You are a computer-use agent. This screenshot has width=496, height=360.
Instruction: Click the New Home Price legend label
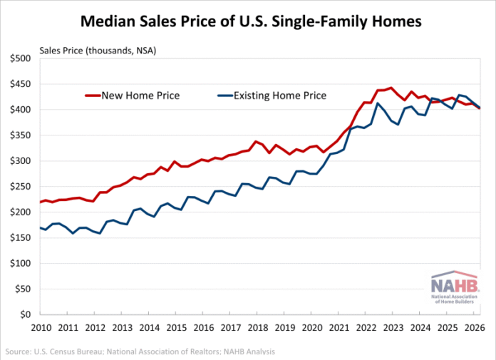click(x=140, y=96)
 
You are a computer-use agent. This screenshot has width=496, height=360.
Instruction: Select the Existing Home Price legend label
click(x=280, y=96)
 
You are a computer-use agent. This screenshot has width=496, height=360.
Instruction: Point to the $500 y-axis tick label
click(x=21, y=58)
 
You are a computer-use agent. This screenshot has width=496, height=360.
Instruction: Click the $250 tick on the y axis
click(x=21, y=186)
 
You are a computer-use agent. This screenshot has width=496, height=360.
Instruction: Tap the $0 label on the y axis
click(x=25, y=314)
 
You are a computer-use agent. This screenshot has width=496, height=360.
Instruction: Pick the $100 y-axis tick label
click(x=21, y=263)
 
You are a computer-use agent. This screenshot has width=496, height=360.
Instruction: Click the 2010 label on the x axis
click(x=41, y=327)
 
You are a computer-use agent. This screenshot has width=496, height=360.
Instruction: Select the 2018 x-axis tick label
click(x=258, y=327)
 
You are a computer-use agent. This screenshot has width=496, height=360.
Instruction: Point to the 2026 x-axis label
click(x=475, y=327)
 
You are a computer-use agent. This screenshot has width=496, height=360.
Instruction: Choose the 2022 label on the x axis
click(x=366, y=327)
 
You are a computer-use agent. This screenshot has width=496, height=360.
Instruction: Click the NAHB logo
click(x=455, y=287)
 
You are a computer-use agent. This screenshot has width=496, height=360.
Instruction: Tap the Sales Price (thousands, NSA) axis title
click(x=98, y=51)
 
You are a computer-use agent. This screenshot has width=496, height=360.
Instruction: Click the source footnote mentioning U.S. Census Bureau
click(x=140, y=351)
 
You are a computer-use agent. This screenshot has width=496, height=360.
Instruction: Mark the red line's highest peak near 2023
click(x=392, y=88)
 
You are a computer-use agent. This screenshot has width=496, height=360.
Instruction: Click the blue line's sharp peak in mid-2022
click(x=378, y=103)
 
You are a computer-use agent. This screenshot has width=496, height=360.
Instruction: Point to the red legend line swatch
click(x=93, y=96)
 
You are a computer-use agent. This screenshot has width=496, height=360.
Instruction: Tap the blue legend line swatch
click(x=225, y=96)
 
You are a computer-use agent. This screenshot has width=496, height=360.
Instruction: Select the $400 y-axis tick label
click(x=21, y=110)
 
